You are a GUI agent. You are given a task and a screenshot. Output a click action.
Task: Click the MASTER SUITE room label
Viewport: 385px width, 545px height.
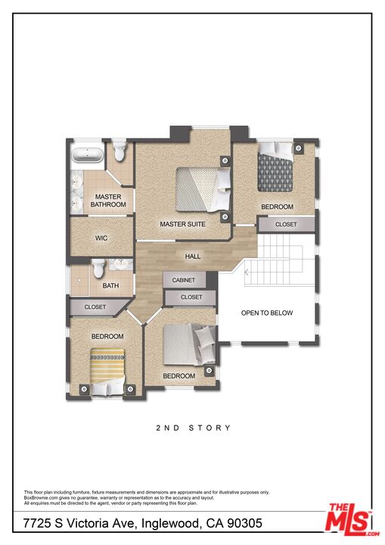tap(182, 224)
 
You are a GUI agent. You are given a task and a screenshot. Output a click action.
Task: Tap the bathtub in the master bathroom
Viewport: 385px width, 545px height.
tap(89, 157)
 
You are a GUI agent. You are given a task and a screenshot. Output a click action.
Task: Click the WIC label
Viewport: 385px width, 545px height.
tap(101, 238)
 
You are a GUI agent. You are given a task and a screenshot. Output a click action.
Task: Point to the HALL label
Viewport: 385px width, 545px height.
tap(193, 257)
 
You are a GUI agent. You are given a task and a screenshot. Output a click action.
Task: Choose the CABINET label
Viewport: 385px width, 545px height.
tap(184, 280)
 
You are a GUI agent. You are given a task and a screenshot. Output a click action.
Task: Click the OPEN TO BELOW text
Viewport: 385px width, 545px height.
tap(266, 313)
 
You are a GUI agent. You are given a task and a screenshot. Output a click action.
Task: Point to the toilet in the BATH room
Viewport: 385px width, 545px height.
tap(98, 268)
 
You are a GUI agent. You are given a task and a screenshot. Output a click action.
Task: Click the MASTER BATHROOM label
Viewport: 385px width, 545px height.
tap(108, 201)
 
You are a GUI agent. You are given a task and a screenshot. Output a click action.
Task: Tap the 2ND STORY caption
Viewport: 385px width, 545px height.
tap(194, 428)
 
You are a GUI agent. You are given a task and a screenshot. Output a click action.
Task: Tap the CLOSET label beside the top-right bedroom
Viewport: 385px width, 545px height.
tap(286, 225)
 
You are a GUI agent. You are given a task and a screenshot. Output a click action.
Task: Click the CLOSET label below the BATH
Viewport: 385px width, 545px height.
tap(95, 307)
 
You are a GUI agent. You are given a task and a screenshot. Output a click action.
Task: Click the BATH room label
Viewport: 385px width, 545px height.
tap(111, 286)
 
